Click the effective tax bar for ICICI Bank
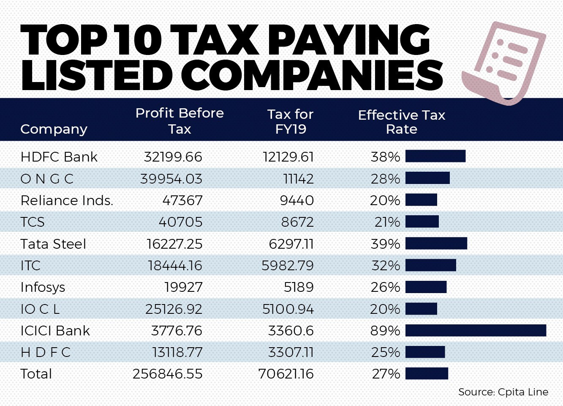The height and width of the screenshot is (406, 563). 476,330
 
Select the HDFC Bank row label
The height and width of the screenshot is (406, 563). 59,157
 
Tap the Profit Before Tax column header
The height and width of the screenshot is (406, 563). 180,121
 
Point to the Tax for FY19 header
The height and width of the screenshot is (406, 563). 291,121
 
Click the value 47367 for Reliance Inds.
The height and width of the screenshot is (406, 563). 182,200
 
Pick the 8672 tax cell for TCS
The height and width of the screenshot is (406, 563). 297,222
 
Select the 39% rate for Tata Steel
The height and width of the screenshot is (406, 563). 385,244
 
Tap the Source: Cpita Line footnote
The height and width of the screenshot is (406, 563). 503,392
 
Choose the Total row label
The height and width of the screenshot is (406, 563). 36,374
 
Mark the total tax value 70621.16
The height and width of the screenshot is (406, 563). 286,374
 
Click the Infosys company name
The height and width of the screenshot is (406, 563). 43,288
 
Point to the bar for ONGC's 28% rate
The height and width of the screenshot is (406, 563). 427,178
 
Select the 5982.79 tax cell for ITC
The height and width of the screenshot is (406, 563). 288,266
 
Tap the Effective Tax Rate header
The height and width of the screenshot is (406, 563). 402,122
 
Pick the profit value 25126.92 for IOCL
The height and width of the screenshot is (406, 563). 174,309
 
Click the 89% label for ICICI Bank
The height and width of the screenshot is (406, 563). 385,331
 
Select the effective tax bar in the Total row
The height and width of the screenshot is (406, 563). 427,373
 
